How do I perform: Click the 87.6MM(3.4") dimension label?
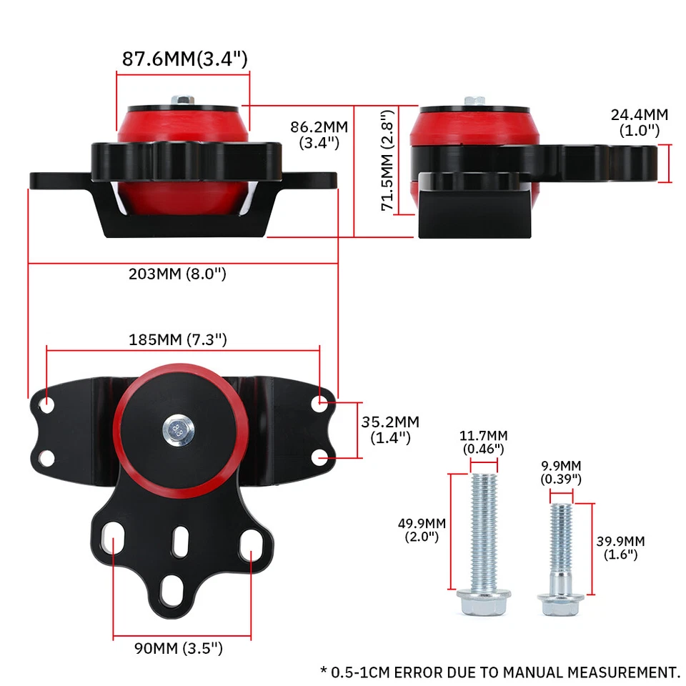coord(184,59)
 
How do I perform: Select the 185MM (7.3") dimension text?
coord(178,339)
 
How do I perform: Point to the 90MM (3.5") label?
coord(179,649)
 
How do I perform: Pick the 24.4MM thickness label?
coord(639,122)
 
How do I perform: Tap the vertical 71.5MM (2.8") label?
coord(387,161)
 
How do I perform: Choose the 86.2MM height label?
coord(319,134)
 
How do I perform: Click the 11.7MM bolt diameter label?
coord(484,442)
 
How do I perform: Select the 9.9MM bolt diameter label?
coord(561,471)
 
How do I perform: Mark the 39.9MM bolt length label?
coord(620,547)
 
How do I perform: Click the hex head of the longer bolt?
coord(483,604)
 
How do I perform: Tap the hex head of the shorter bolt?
coord(560,606)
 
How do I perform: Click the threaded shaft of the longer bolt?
coord(483,529)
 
